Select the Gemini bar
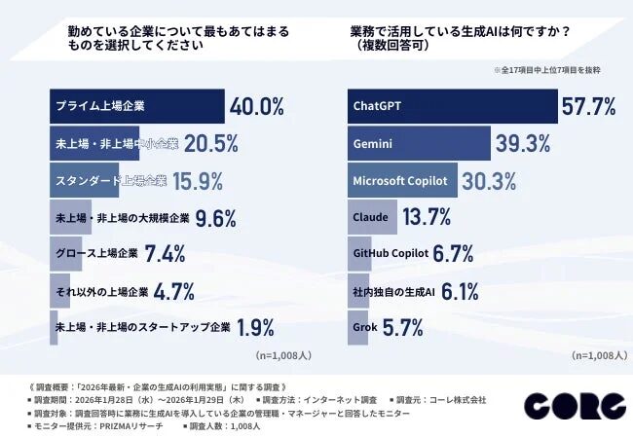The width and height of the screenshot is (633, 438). [419, 143]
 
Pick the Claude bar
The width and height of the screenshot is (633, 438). [373, 217]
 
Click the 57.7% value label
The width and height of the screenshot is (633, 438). [588, 105]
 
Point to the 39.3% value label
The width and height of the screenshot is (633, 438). [522, 143]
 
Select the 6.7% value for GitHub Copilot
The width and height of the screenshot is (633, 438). [453, 254]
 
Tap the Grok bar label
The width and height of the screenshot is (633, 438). [366, 328]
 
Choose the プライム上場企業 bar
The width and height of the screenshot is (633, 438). [136, 105]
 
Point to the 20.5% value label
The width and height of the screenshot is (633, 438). [211, 143]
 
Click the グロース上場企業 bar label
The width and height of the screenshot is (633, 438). [95, 254]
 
